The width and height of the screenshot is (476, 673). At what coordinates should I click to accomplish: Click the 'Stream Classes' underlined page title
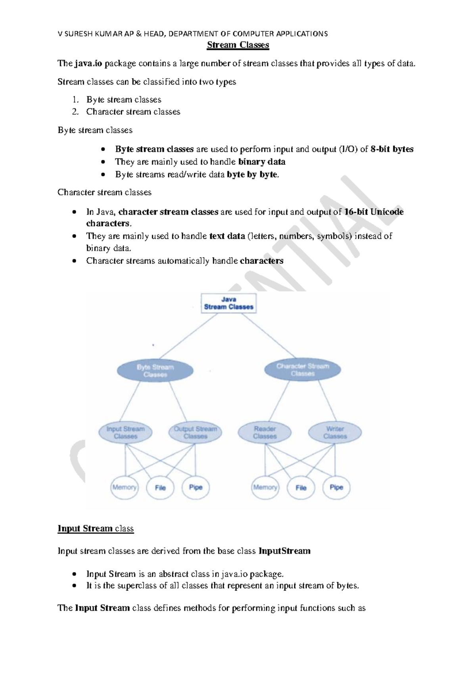tap(238, 45)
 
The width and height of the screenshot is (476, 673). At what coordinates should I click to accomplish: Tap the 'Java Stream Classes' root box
tap(228, 303)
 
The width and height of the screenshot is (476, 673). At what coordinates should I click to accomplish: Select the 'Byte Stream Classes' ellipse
tap(155, 371)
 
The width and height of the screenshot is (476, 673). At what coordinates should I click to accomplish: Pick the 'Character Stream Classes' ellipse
tap(303, 370)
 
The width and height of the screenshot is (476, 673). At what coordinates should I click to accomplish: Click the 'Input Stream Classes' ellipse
tap(125, 433)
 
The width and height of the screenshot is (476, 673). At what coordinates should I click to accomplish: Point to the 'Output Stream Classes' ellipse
tap(195, 433)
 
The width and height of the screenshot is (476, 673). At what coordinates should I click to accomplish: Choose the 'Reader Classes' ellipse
tap(265, 433)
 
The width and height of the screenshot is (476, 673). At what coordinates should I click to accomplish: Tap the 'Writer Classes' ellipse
tap(335, 433)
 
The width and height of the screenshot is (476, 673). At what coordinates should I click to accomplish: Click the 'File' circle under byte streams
tap(160, 488)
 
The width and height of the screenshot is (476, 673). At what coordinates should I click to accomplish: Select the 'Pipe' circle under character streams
tap(336, 487)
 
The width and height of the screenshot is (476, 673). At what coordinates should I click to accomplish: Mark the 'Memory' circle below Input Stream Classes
tap(124, 487)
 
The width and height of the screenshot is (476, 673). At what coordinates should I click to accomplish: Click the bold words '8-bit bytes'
tap(392, 149)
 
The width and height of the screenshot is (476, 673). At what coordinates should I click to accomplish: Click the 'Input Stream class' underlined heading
tap(96, 529)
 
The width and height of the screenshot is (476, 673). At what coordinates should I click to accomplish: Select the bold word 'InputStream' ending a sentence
tap(284, 551)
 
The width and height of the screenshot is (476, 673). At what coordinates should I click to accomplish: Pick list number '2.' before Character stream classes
tap(75, 112)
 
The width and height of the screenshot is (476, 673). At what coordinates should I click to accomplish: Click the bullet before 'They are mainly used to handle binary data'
tap(103, 162)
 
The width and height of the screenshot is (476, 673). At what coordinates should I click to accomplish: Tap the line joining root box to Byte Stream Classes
tap(188, 336)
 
